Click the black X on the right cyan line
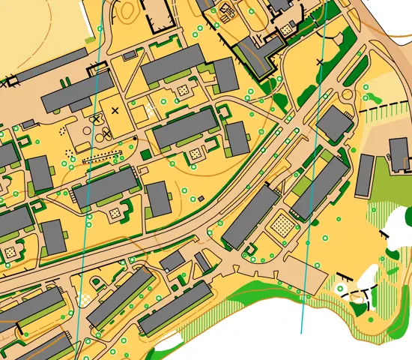click(321, 61)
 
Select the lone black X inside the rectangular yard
click(115, 110)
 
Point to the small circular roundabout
click(345, 95)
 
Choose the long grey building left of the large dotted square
click(251, 217)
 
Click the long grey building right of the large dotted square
click(320, 187)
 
